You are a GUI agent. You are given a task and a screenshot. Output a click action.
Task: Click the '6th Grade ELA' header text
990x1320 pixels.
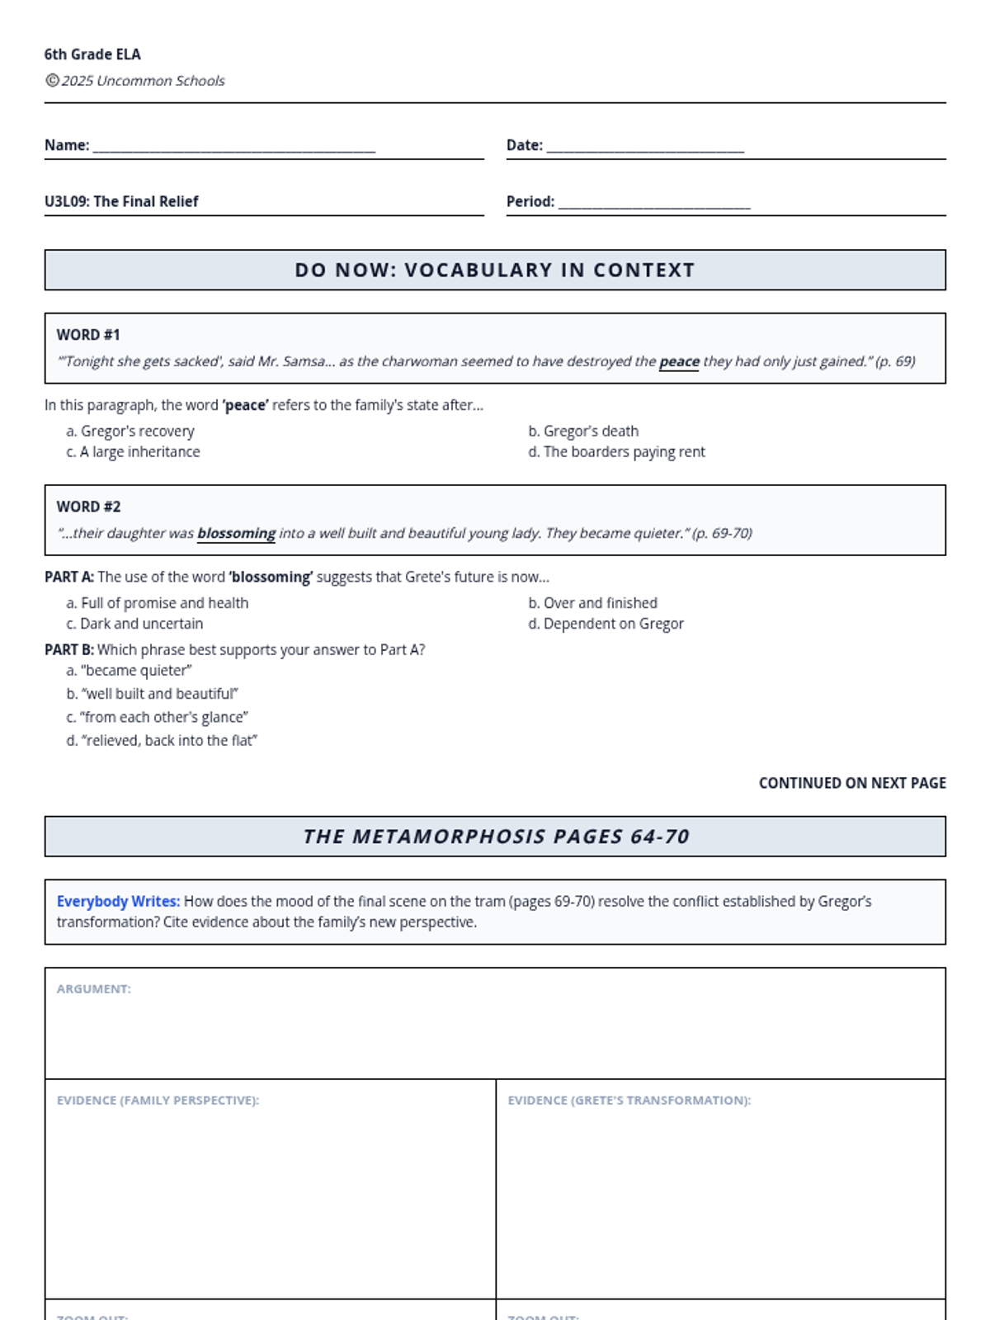(92, 54)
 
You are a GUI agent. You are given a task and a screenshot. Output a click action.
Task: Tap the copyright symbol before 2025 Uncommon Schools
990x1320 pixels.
(52, 80)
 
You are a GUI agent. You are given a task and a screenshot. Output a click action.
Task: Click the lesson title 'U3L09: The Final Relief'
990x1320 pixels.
(121, 201)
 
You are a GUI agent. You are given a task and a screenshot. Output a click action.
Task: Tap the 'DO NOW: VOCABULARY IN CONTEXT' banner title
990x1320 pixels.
(495, 270)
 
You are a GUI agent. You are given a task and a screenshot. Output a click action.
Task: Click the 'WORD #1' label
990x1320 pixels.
(88, 335)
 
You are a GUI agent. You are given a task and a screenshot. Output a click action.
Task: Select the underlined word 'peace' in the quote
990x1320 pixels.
(679, 361)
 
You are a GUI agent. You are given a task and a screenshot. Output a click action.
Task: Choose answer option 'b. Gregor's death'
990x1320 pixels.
(583, 431)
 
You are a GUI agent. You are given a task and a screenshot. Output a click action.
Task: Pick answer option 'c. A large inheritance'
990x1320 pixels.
(133, 451)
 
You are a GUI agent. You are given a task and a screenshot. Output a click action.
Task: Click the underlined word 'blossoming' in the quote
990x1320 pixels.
(236, 533)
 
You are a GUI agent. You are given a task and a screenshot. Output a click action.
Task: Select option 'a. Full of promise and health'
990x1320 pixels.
(157, 603)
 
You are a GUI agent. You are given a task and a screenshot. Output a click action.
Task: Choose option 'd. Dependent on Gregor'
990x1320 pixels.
(606, 624)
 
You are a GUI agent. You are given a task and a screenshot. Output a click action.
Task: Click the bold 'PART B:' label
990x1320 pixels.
(69, 650)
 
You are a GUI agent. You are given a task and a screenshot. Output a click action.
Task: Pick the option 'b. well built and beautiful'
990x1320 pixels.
(153, 694)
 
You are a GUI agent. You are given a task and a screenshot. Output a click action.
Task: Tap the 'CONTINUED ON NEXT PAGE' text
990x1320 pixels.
(852, 783)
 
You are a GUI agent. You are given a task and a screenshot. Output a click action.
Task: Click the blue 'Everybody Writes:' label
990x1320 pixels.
(118, 902)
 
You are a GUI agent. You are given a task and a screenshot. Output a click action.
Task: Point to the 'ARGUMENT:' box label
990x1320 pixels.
(94, 989)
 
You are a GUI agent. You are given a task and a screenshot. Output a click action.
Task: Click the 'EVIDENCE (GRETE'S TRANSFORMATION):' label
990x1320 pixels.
(629, 1101)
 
